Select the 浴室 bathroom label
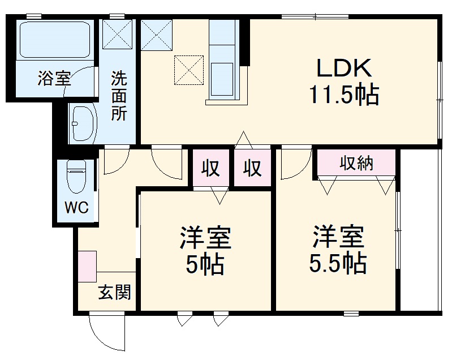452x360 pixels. click(x=54, y=79)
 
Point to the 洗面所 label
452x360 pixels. click(x=119, y=95)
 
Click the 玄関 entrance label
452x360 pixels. click(x=115, y=293)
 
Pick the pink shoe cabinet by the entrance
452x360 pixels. click(x=88, y=266)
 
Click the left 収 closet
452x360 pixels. click(x=211, y=168)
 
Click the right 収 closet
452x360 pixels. click(x=252, y=168)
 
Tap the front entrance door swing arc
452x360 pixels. click(x=106, y=334)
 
